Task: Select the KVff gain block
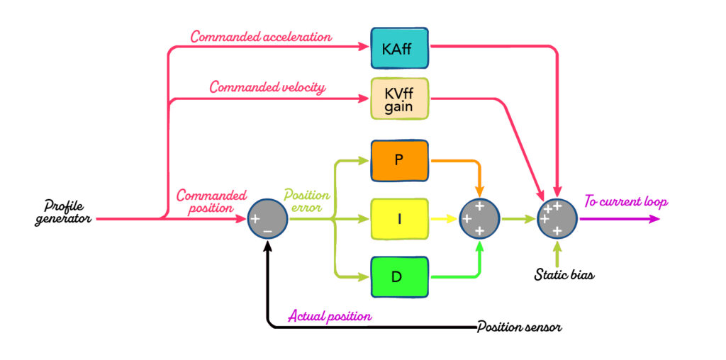coord(399,99)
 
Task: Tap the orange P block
coord(399,159)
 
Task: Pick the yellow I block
coord(399,219)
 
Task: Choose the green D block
coord(399,276)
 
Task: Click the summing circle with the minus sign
coord(267,219)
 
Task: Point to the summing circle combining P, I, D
coord(479,219)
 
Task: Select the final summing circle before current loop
coord(557,218)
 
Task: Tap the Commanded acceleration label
coord(260,36)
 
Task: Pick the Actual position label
coord(330,316)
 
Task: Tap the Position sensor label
coord(520,327)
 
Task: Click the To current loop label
coord(625,202)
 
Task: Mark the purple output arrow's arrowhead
coord(654,219)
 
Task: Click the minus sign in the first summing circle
coord(267,231)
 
